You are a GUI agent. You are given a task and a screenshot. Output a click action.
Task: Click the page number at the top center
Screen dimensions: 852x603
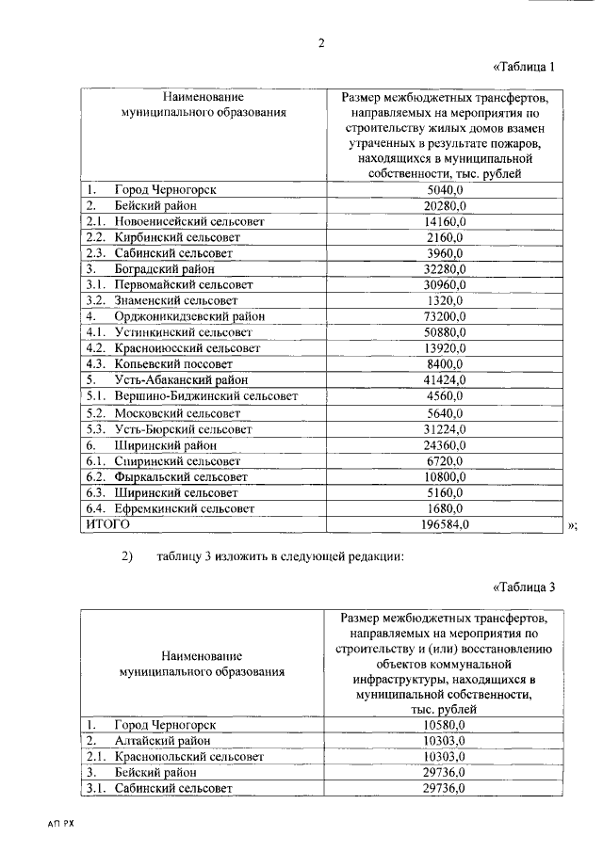pyautogui.click(x=320, y=42)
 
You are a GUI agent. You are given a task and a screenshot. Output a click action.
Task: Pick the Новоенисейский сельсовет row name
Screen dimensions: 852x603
pyautogui.click(x=189, y=221)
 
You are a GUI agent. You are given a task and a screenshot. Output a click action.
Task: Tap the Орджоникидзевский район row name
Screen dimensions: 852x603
pyautogui.click(x=189, y=316)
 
